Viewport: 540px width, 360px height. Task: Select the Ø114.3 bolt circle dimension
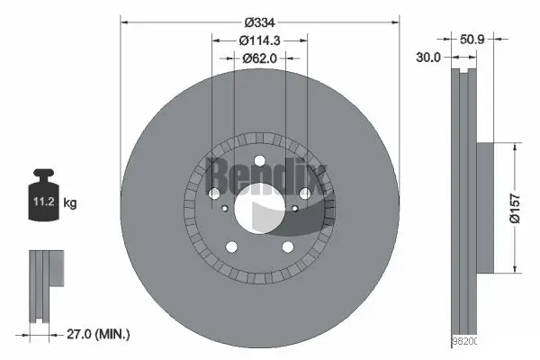(x=260, y=40)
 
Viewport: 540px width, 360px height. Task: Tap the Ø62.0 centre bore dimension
(x=260, y=58)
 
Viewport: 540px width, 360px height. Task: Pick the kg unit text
(x=71, y=203)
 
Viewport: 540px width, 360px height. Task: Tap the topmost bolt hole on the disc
(x=260, y=163)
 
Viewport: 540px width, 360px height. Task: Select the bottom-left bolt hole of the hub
(x=231, y=247)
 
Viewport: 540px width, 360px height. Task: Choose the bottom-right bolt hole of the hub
(x=288, y=247)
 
